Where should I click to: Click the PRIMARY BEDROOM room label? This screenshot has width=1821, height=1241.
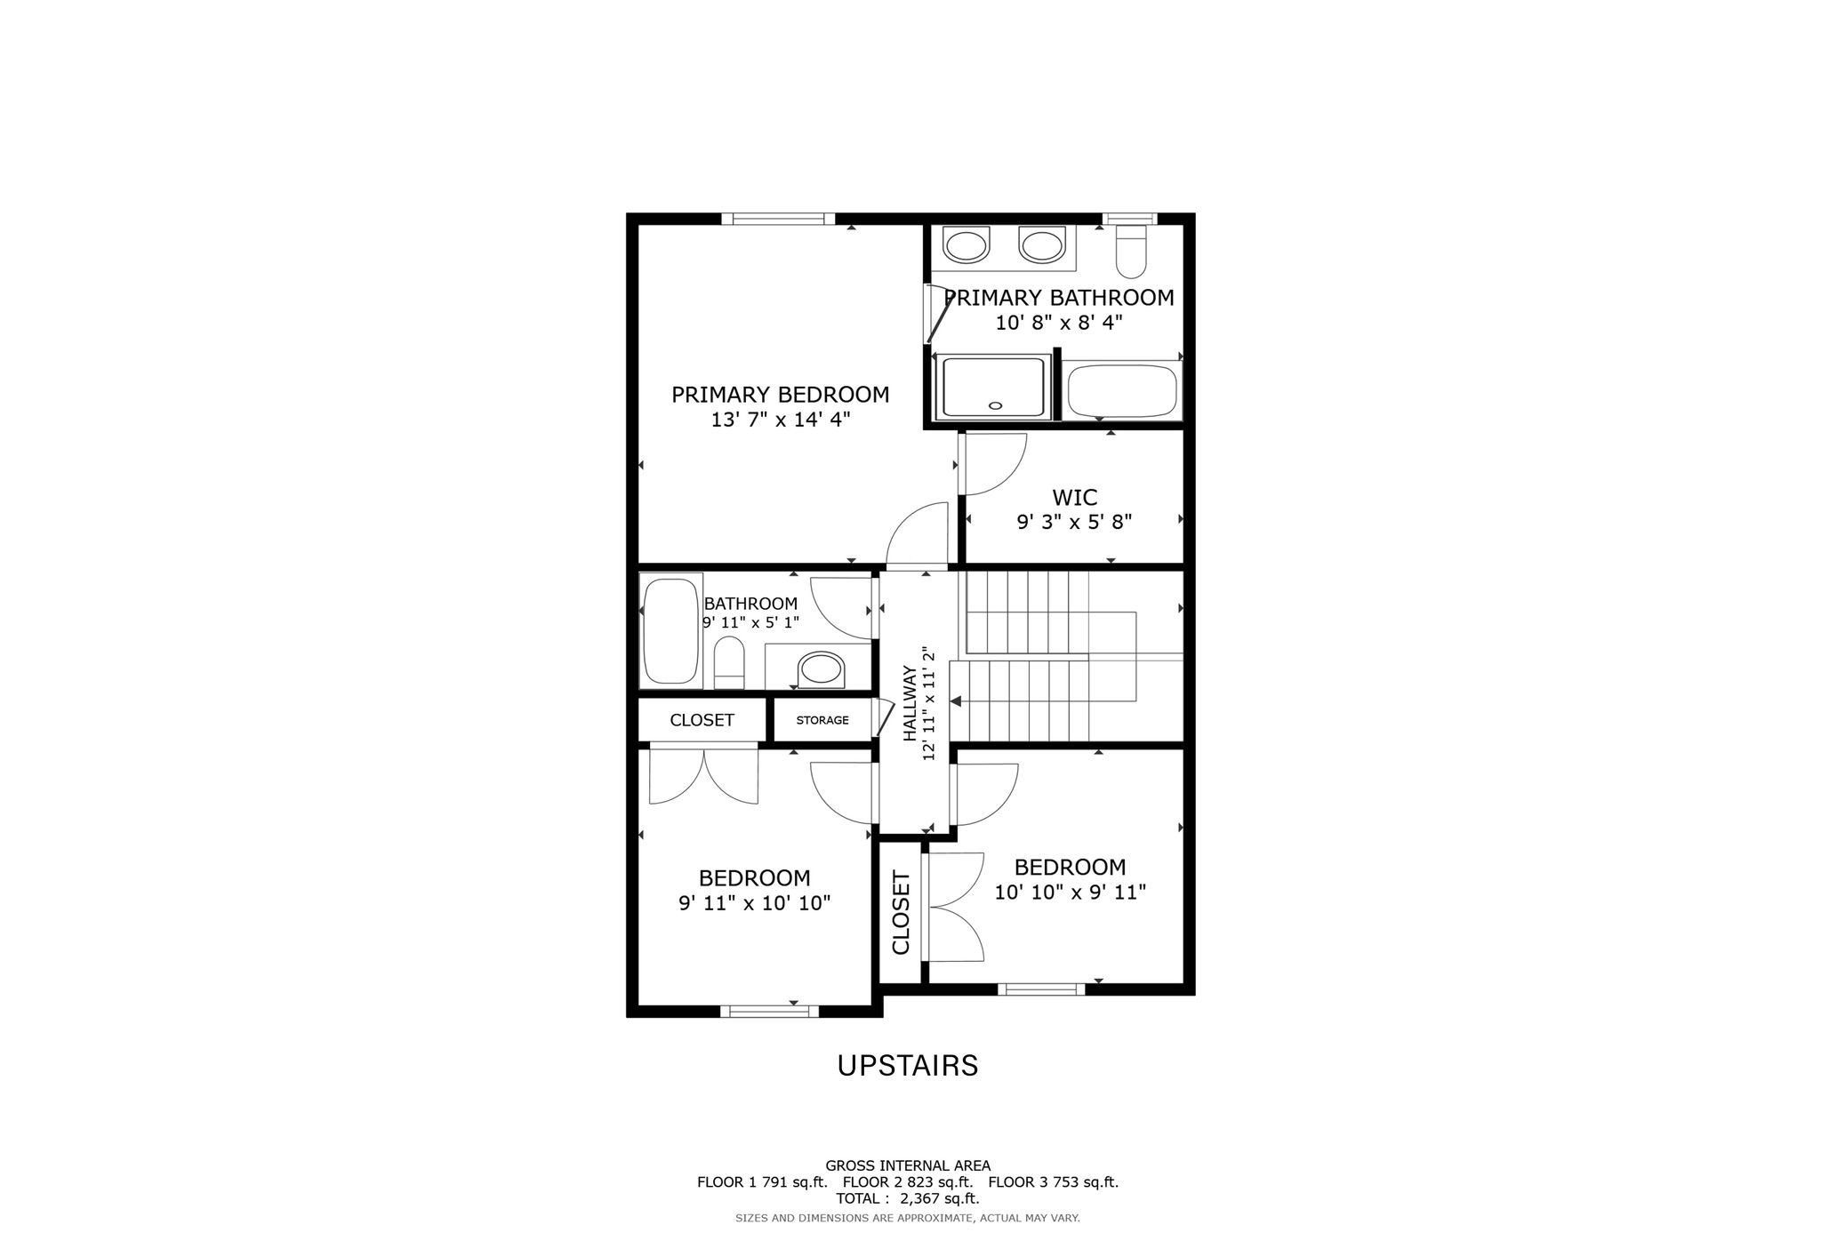[x=780, y=394]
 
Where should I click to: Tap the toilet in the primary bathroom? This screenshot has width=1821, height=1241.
[x=1132, y=251]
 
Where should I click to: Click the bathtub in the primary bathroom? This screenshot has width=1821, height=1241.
[x=1123, y=390]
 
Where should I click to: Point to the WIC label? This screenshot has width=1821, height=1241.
[x=1074, y=497]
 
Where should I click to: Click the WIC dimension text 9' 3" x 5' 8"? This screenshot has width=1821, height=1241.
[x=1074, y=522]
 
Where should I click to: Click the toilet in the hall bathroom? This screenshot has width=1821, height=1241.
[x=729, y=662]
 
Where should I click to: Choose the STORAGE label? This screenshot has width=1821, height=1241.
[x=822, y=720]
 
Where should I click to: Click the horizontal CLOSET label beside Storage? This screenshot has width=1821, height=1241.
[x=702, y=720]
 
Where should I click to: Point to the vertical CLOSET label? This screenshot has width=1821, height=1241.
[x=901, y=913]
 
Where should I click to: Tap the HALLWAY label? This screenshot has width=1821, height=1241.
[x=910, y=703]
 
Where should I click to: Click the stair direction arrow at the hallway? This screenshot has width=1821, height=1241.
[x=956, y=701]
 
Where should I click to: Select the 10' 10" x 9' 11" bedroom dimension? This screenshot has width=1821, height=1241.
[x=1070, y=892]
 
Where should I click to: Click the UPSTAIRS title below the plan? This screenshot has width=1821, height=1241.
[x=908, y=1065]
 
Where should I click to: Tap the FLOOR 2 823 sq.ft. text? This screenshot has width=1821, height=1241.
[x=908, y=1182]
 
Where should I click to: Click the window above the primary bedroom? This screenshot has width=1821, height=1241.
[x=778, y=219]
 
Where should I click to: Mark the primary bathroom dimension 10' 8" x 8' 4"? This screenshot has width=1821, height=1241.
[x=1059, y=322]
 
